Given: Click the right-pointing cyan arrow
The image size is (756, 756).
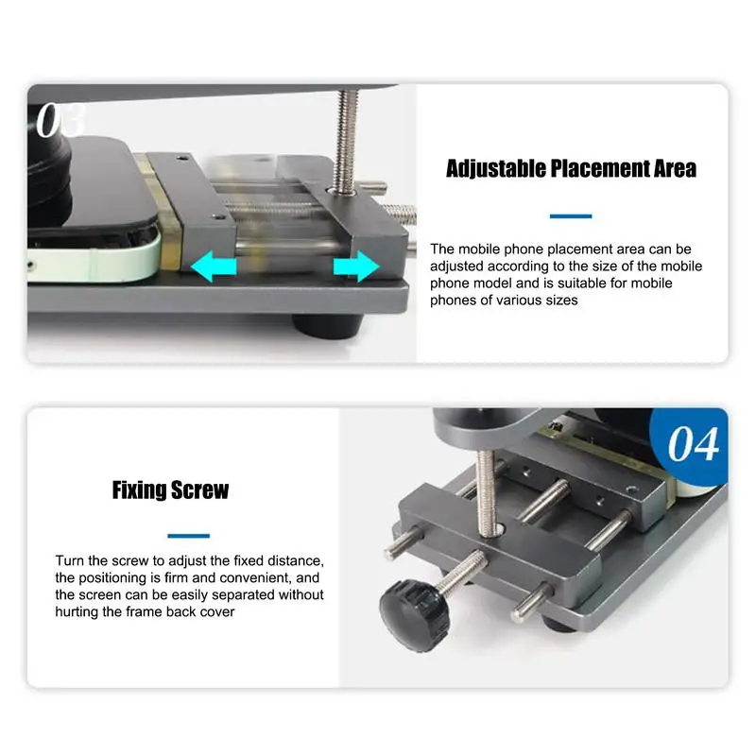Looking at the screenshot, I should pyautogui.click(x=354, y=268).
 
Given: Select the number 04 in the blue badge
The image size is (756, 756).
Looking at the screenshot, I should pyautogui.click(x=694, y=443).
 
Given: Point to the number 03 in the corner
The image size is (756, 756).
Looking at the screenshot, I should pyautogui.click(x=60, y=120).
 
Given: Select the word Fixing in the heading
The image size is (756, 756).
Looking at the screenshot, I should pyautogui.click(x=140, y=490).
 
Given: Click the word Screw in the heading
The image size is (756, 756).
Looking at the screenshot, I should pyautogui.click(x=200, y=490).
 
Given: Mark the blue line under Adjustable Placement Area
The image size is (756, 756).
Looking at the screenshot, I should pyautogui.click(x=571, y=216).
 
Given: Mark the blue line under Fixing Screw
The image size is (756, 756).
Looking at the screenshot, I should pyautogui.click(x=188, y=536).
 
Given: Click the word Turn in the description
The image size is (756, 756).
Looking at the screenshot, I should pyautogui.click(x=70, y=560).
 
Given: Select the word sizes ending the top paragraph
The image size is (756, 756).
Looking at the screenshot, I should pyautogui.click(x=558, y=301).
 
